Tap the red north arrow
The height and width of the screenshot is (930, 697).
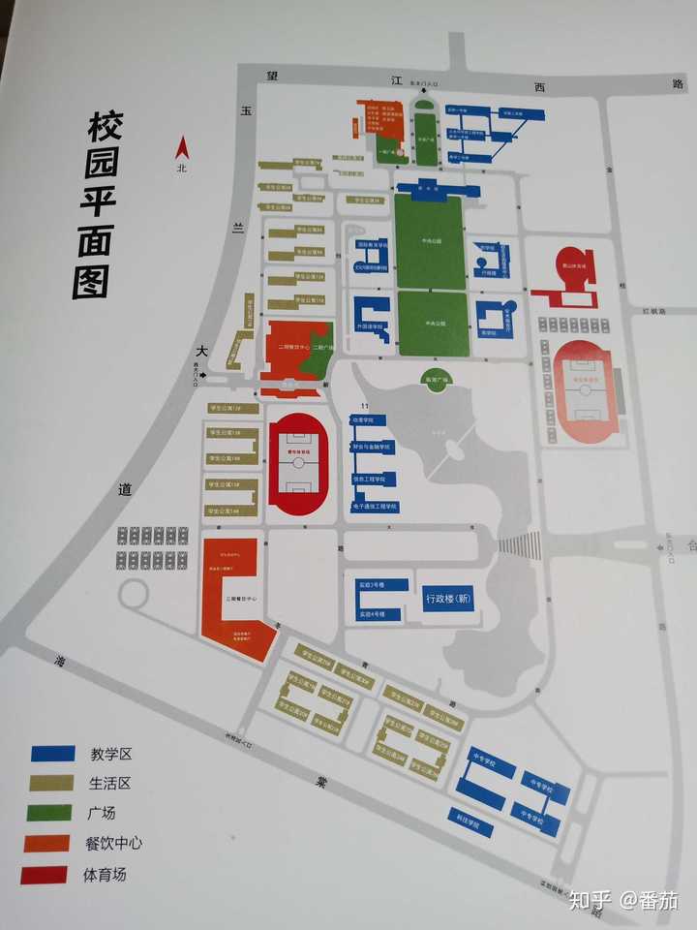point(179,148)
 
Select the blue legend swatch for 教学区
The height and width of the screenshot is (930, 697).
point(52,753)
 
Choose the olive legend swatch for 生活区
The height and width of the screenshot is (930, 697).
point(51,783)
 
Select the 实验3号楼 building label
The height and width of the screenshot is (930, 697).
point(373,585)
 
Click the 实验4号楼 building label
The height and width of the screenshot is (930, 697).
point(373,614)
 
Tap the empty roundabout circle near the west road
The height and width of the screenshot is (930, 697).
point(133,594)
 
